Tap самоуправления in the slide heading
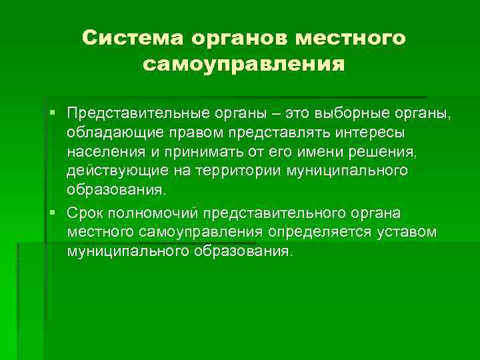click(243, 65)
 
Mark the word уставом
click(409, 233)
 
